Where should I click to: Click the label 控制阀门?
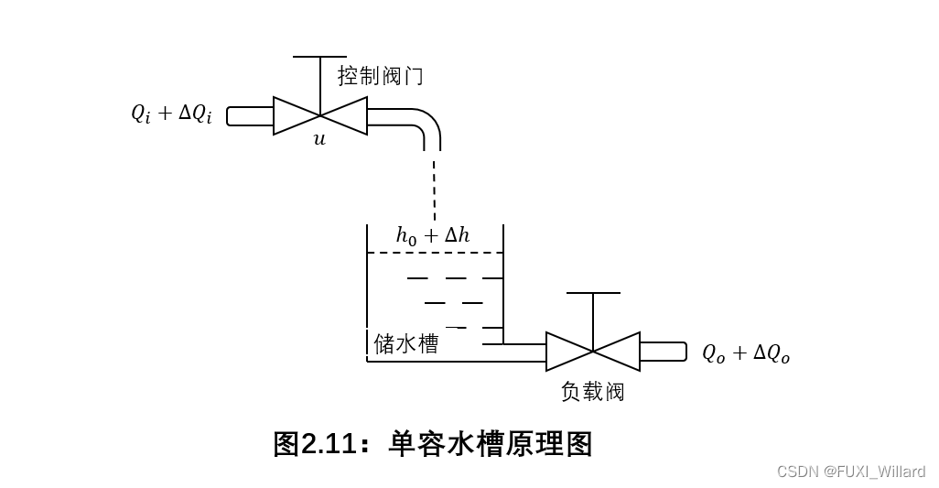point(380,76)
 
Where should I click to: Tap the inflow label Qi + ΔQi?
point(172,114)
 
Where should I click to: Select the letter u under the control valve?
point(319,140)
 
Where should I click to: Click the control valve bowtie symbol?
point(320,115)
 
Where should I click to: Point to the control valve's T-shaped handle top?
point(320,57)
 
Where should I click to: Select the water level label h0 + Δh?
point(433,235)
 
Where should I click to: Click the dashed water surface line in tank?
point(435,253)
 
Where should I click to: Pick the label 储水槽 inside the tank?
point(406,343)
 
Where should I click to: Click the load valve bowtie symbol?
point(593,352)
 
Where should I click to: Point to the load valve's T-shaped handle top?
point(593,293)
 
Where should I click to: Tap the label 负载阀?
point(593,392)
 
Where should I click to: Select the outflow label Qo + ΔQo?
point(746,353)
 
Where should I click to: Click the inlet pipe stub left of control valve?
point(250,116)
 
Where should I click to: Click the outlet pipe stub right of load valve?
point(664,352)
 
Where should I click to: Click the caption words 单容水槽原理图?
point(491,444)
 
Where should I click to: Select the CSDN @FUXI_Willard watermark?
point(851,472)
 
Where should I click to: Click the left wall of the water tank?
point(367,293)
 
